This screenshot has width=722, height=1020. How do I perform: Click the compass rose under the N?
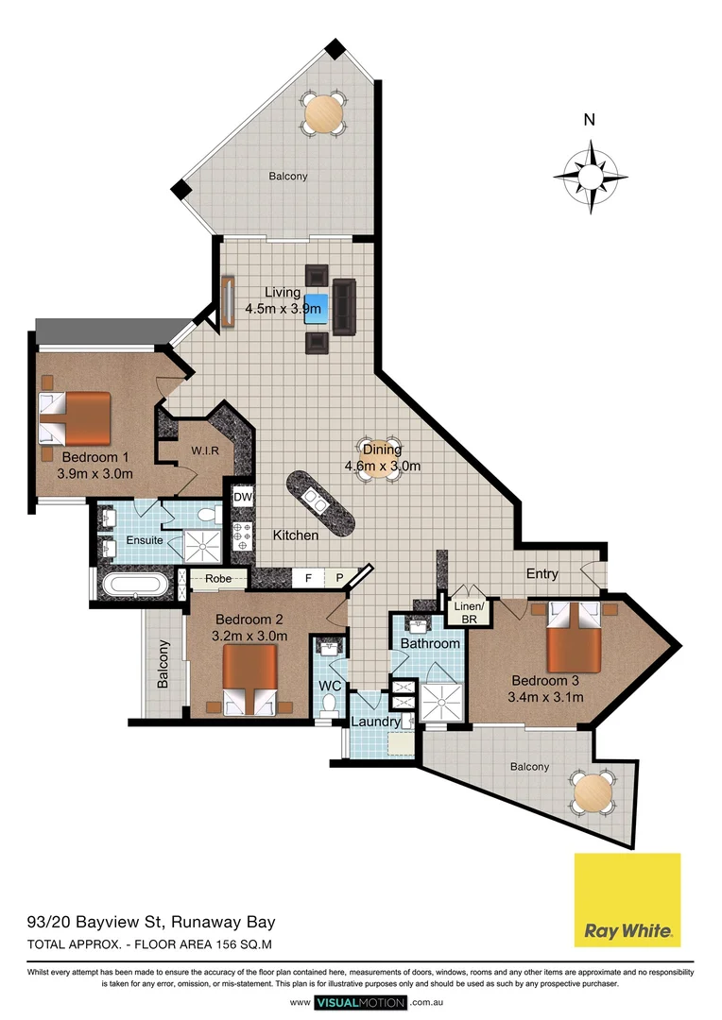(591, 177)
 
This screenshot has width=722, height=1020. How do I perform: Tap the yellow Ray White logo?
(627, 899)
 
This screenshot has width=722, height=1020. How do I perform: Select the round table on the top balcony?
(325, 114)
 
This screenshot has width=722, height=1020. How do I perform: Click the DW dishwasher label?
(243, 498)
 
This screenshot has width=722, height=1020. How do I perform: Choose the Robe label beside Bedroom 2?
(217, 579)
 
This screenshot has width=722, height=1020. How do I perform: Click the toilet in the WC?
(330, 704)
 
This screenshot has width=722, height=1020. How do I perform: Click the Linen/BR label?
(470, 612)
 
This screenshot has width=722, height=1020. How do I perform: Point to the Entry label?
(542, 573)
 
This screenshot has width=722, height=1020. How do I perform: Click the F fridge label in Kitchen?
(307, 576)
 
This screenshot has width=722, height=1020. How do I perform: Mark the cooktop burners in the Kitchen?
(242, 535)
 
